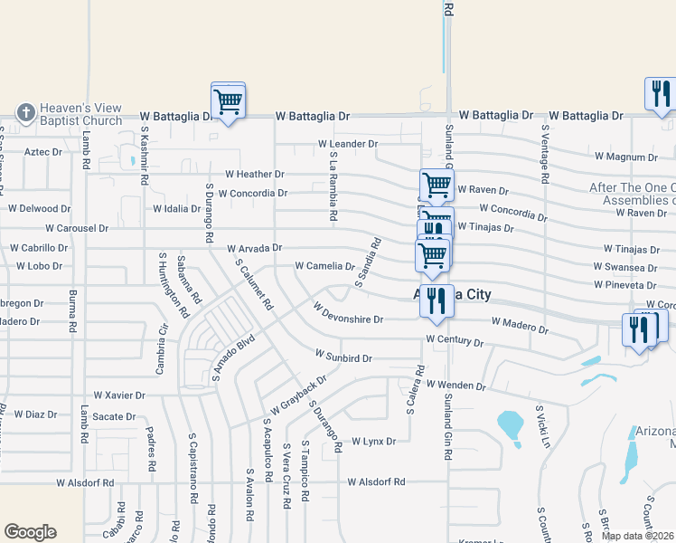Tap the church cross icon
(x=25, y=112)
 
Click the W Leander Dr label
(x=347, y=144)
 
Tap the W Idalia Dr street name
(x=176, y=209)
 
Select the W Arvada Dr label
(x=254, y=247)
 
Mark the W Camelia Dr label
(x=324, y=266)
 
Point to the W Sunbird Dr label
(x=343, y=358)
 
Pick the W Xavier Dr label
(x=119, y=395)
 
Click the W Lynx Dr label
(x=374, y=441)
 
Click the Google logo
(x=30, y=531)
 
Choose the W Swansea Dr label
(x=625, y=267)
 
